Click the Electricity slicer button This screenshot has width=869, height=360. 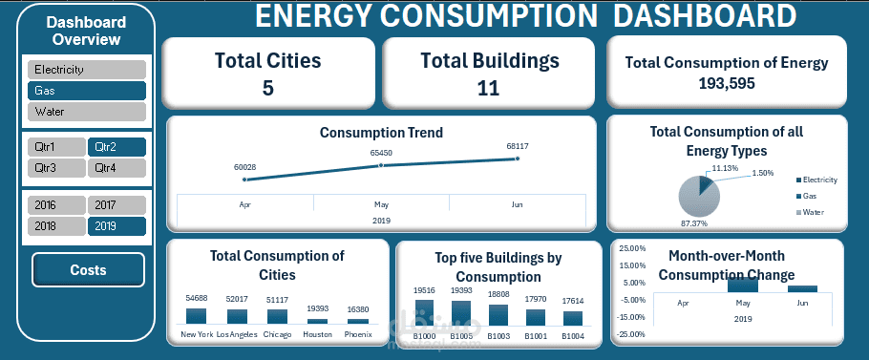[87, 70]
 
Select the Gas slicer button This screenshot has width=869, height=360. [87, 91]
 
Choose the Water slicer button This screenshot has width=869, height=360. [87, 112]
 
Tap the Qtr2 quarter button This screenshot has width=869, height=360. [117, 147]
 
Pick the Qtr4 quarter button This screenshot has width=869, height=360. [117, 168]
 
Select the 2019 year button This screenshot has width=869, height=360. [117, 225]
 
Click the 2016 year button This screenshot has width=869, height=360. [56, 204]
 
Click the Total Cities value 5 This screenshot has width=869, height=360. [267, 88]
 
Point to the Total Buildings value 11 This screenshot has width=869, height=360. [489, 88]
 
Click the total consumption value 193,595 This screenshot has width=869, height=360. [727, 83]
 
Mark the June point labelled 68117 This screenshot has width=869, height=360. [518, 159]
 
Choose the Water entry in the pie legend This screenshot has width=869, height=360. [812, 212]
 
